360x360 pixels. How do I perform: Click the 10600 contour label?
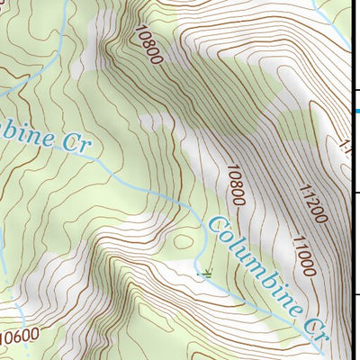(x=20, y=336)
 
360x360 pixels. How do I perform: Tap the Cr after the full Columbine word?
(x=314, y=326)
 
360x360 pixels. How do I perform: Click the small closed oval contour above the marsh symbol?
(x=184, y=240)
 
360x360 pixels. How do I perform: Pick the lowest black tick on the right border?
(x=356, y=294)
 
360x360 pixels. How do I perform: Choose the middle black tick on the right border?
(x=356, y=193)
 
